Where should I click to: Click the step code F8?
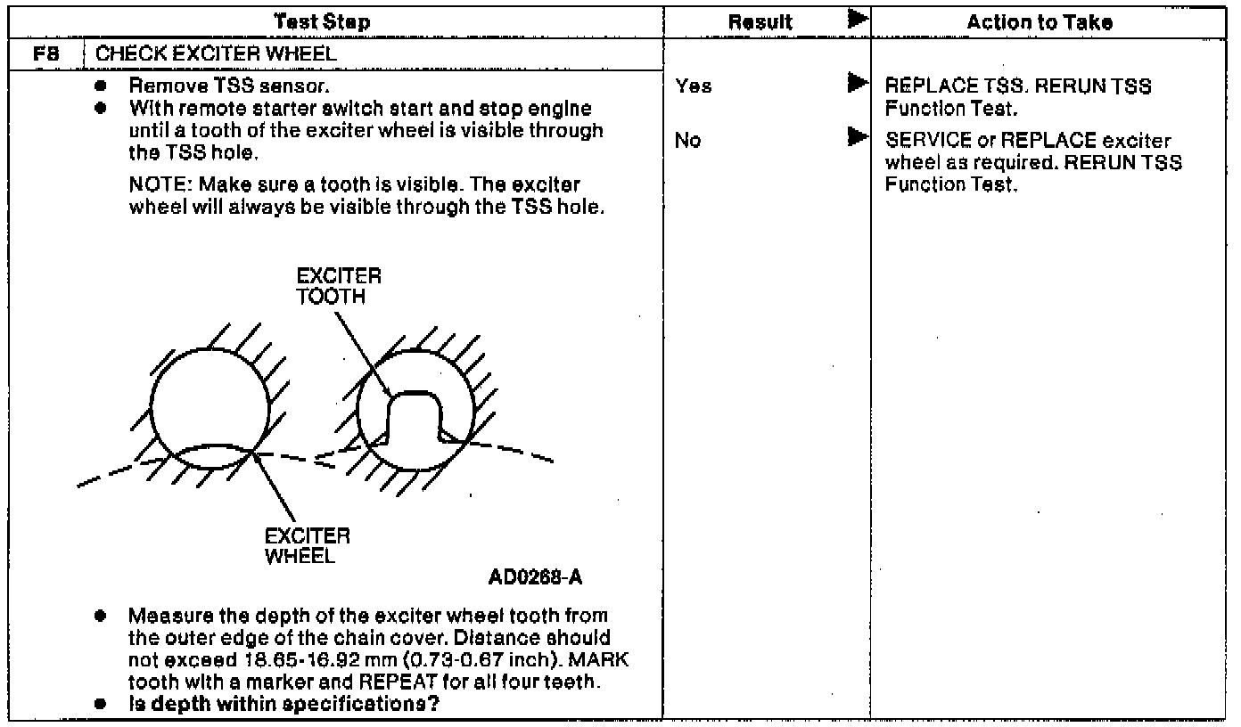coord(44,54)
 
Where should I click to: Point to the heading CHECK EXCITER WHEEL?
coord(217,54)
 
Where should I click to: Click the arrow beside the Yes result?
coord(857,85)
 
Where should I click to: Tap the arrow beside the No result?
coord(857,138)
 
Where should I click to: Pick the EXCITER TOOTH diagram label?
coord(339,287)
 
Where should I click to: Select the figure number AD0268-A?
coord(535,576)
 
